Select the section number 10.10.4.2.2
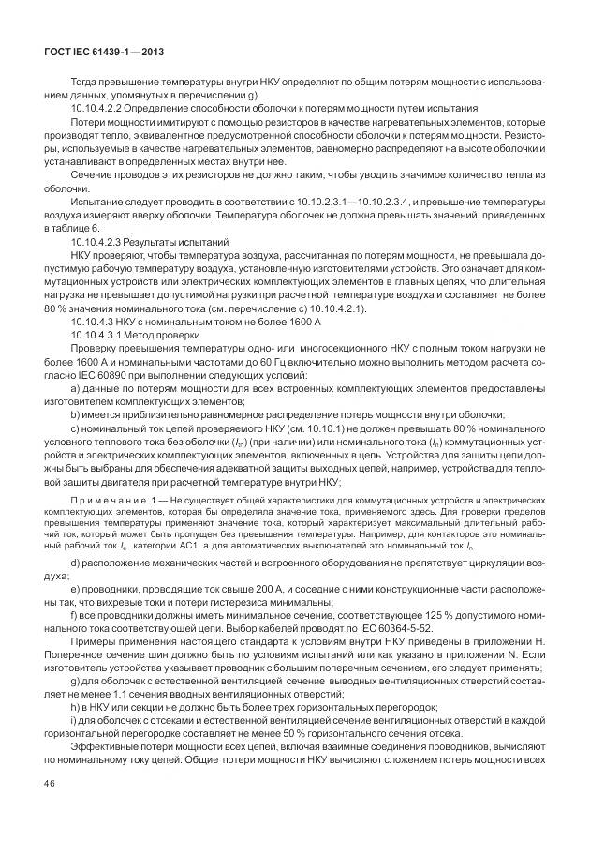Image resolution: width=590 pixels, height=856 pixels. pos(102,109)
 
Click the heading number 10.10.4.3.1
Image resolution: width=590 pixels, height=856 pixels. pos(102,334)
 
